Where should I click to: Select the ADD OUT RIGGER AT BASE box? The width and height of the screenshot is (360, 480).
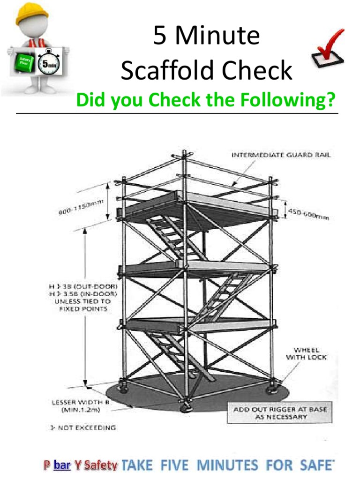point(280,413)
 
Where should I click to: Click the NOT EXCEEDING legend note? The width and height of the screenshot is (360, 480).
point(82,427)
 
